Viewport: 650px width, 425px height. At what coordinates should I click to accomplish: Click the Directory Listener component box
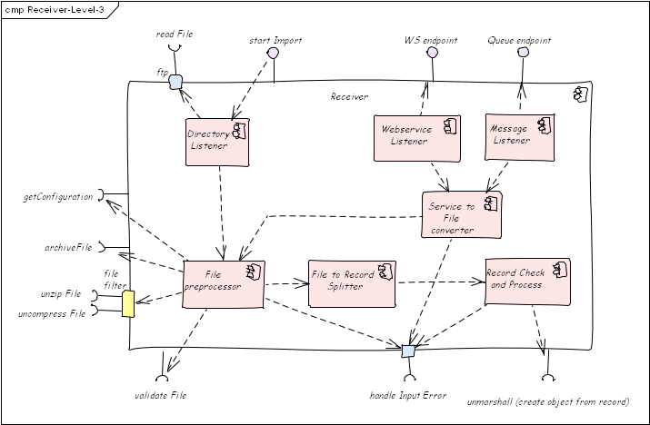(x=217, y=142)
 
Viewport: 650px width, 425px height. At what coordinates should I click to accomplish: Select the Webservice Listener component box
(x=417, y=138)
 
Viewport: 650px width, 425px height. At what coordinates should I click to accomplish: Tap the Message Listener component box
(x=519, y=137)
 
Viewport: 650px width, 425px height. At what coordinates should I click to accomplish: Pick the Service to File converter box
(x=462, y=214)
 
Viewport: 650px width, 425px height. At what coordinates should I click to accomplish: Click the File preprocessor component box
(x=224, y=284)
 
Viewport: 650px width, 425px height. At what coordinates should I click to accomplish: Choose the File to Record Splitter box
(x=352, y=283)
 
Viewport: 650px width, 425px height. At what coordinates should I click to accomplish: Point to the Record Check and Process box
(x=527, y=282)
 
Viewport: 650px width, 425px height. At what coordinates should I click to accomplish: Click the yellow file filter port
(x=128, y=304)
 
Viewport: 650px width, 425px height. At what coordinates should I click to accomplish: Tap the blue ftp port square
(x=175, y=82)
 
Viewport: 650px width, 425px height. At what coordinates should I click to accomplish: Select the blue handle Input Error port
(x=408, y=351)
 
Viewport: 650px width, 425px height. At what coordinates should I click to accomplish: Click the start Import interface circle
(x=273, y=53)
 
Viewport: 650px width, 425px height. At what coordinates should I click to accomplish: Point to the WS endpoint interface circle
(x=432, y=52)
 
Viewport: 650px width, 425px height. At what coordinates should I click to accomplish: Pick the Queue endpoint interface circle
(x=523, y=52)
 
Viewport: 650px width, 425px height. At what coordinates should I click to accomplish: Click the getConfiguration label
(x=58, y=197)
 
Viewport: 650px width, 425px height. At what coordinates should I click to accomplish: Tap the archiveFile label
(x=68, y=247)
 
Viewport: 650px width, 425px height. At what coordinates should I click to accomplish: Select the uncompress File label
(x=52, y=313)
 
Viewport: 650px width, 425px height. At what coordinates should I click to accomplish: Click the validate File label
(x=160, y=396)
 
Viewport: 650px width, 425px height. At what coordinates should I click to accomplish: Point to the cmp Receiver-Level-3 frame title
(x=55, y=9)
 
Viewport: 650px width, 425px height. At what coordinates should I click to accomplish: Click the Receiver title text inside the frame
(x=349, y=96)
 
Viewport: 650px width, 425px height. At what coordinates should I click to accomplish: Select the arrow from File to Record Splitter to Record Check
(x=441, y=282)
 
